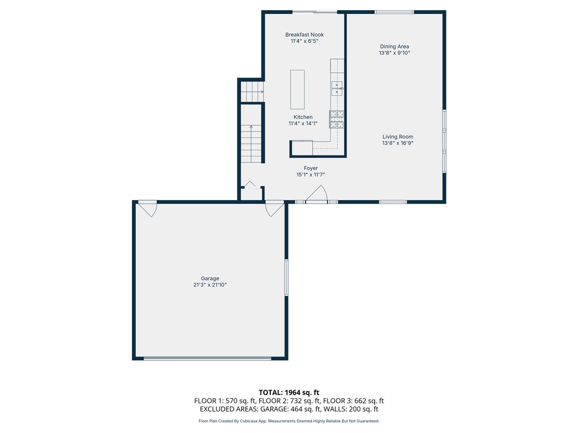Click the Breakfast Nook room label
point(304,35)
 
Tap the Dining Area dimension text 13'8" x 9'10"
point(394,53)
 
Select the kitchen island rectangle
point(297,89)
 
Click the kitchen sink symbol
point(336,89)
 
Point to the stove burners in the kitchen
point(337,119)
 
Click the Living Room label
point(398,137)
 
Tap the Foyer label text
point(311,168)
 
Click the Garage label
point(210,279)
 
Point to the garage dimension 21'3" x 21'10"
point(210,285)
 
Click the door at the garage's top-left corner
point(147,208)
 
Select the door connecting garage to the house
point(274,208)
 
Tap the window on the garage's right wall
point(286,277)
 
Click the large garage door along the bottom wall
point(208,358)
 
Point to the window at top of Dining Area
point(394,12)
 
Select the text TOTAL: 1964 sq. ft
point(289,393)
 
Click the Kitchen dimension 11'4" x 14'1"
point(303,124)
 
